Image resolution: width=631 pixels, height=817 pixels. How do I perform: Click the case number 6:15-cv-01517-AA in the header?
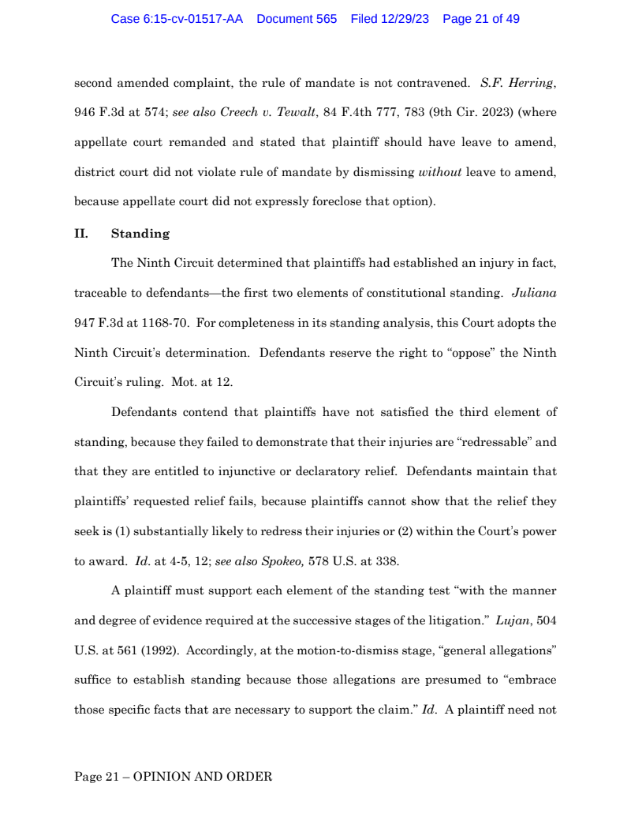[x=177, y=19]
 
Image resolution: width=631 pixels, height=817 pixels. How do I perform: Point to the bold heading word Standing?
[x=140, y=234]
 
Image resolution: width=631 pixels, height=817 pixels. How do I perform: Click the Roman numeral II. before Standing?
[x=80, y=234]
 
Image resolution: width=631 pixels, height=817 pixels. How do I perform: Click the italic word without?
[x=439, y=172]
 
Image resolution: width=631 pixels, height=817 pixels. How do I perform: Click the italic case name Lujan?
[x=511, y=620]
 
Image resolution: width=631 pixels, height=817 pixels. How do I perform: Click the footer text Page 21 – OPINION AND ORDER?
[x=173, y=777]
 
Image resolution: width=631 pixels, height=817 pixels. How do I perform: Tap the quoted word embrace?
[x=528, y=680]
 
